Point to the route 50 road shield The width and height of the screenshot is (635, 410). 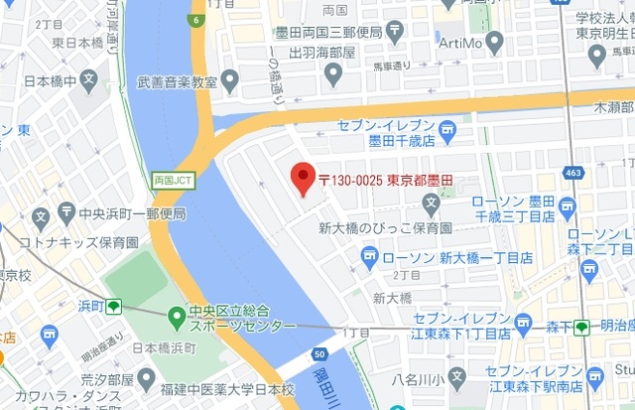[317, 353]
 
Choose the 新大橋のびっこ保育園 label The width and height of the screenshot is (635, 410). [385, 228]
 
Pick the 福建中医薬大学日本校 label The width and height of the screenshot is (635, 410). [228, 388]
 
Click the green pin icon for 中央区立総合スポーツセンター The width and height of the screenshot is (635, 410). [176, 318]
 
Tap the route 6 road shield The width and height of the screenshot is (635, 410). [196, 20]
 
